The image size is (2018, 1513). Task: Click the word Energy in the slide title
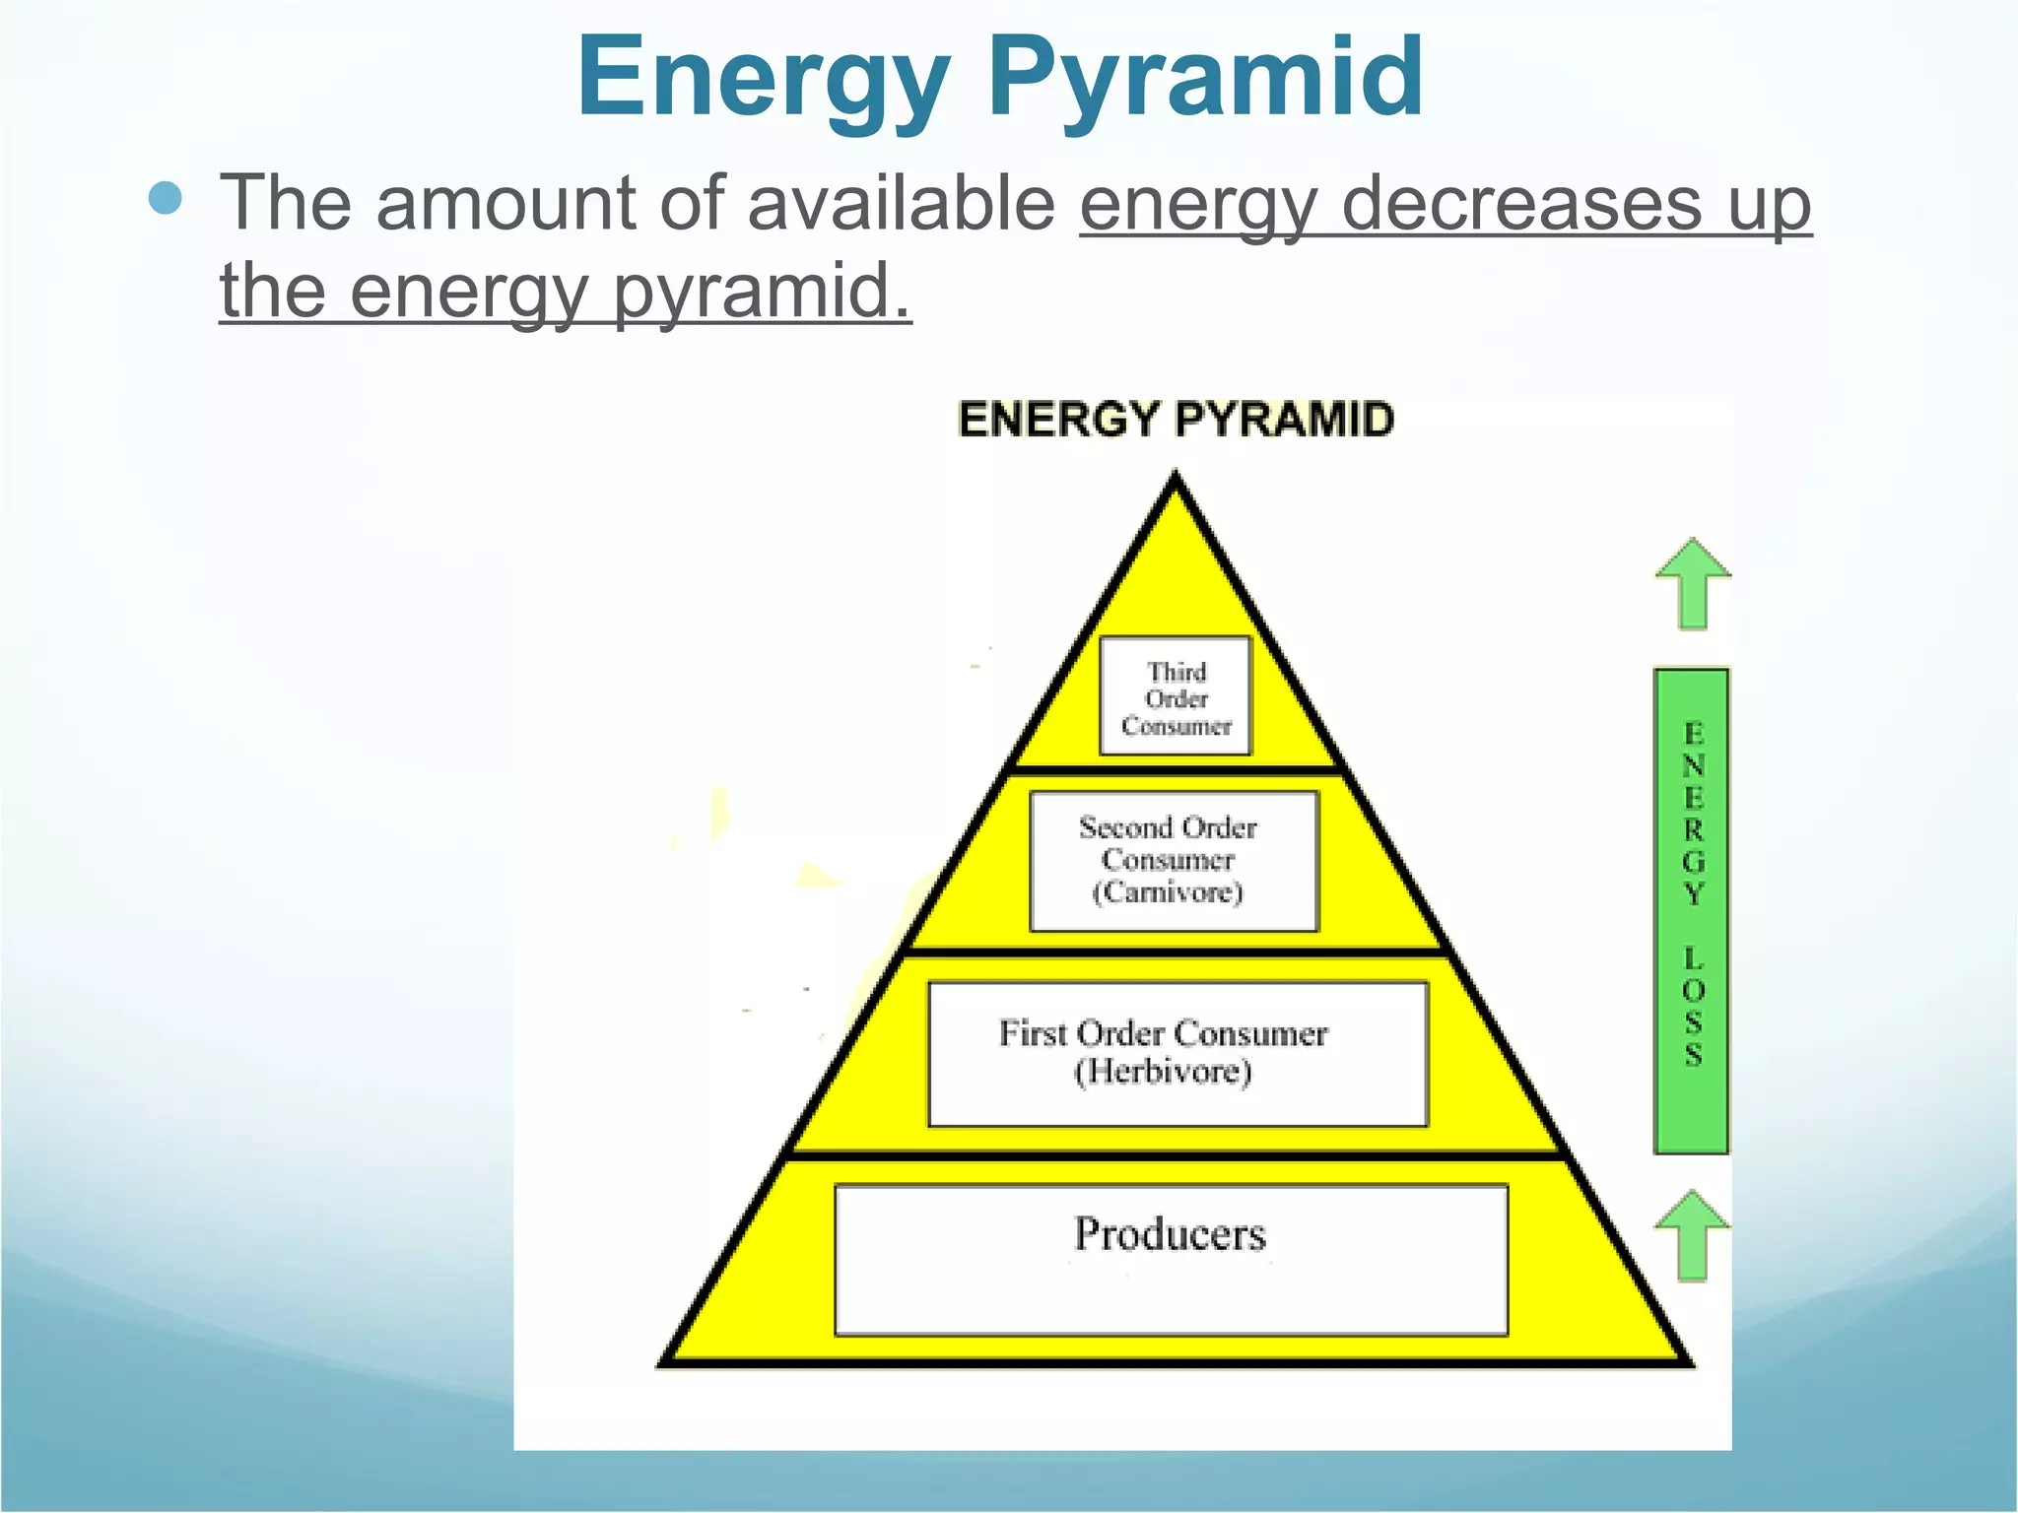[764, 79]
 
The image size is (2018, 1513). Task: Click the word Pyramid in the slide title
[1206, 79]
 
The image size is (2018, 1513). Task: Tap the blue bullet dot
[166, 198]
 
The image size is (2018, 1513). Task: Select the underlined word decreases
[1521, 204]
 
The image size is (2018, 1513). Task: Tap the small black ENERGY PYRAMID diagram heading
[1176, 420]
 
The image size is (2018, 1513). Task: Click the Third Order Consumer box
[1176, 697]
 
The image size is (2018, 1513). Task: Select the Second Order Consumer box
[1174, 861]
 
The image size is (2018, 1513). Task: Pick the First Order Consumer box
[1177, 1053]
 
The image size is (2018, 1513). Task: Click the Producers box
[1171, 1260]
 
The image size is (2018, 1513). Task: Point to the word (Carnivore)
[1168, 893]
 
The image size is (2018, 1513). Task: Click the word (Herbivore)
[1163, 1072]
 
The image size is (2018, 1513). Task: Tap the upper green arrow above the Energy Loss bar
[1693, 582]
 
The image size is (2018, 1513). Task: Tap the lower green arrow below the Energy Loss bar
[1692, 1235]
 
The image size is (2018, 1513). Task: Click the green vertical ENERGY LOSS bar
[1692, 911]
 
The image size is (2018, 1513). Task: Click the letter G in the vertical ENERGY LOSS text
[1693, 862]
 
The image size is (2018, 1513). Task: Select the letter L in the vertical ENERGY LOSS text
[1693, 956]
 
